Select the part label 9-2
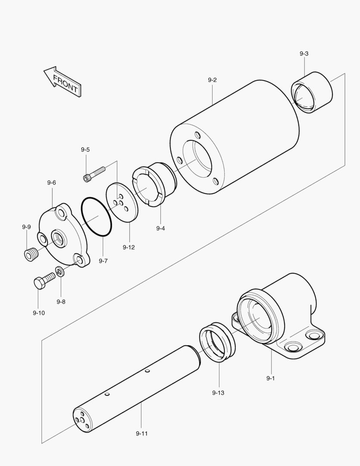(212, 80)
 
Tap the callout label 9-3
(304, 54)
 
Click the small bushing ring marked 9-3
(312, 92)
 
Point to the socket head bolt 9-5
(94, 173)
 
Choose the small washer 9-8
(59, 272)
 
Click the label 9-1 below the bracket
(271, 378)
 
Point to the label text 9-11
(141, 433)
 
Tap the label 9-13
(218, 393)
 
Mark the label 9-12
(128, 247)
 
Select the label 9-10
(39, 313)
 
